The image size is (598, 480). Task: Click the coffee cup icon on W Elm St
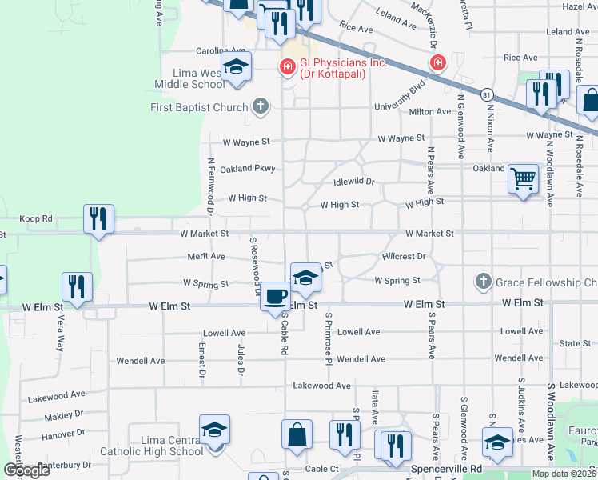click(x=276, y=296)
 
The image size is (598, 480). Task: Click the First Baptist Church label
click(x=199, y=107)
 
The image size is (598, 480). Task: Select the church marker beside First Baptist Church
click(x=260, y=106)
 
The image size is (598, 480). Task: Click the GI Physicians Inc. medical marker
click(x=286, y=66)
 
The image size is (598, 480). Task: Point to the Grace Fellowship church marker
click(x=482, y=282)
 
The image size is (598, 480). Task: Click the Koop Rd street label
click(x=36, y=218)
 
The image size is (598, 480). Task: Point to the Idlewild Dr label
click(x=353, y=182)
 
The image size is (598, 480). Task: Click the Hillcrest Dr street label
click(x=404, y=257)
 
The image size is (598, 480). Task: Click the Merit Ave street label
click(x=206, y=256)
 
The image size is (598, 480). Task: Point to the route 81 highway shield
click(x=486, y=94)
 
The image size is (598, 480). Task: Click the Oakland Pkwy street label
click(x=248, y=169)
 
